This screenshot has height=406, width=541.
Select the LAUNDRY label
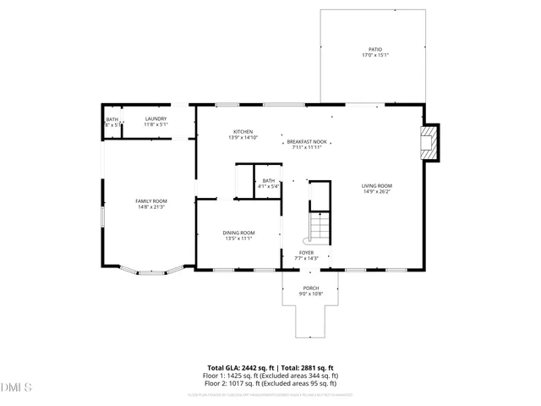coord(156,118)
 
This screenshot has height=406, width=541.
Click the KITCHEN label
coord(243,132)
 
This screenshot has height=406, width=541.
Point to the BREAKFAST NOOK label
coord(307,141)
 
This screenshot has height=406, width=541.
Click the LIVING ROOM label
coord(377,185)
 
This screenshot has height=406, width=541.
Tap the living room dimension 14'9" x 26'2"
coord(377,191)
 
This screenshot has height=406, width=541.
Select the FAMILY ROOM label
coord(151,200)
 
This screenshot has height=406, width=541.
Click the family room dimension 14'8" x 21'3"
coord(151,206)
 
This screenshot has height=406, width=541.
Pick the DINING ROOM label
coord(239,233)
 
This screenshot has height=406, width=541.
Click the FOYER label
coord(306,252)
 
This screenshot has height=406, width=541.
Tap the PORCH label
coord(311,288)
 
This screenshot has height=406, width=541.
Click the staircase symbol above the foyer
coord(319,227)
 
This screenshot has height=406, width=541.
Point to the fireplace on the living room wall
coord(431,143)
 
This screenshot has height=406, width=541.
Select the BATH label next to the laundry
coord(112,118)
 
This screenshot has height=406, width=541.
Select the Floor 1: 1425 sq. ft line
coord(270,375)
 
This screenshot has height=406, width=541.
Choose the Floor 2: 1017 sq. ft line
coord(270,381)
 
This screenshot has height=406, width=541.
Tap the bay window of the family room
coord(150,272)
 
